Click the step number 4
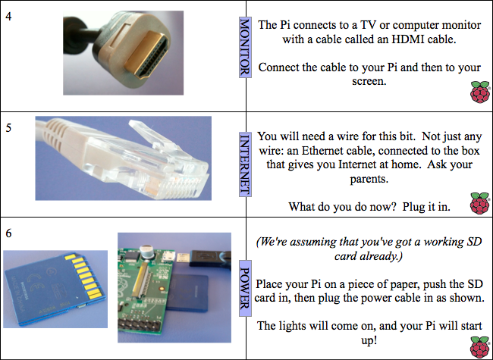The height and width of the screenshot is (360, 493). click(8, 17)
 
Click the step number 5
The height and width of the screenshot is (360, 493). click(8, 128)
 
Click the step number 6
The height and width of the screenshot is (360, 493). click(8, 233)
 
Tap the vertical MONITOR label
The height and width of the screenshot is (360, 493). click(245, 47)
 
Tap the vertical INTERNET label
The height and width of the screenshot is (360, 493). click(245, 164)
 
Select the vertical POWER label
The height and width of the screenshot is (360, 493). click(245, 288)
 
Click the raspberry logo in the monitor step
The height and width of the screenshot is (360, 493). click(480, 92)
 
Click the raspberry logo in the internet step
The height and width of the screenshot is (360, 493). click(480, 203)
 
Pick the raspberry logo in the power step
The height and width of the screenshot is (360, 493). click(480, 347)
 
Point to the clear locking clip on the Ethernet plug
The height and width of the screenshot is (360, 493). click(151, 133)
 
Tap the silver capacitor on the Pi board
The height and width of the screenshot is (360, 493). click(147, 252)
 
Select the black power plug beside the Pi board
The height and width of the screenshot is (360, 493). click(210, 259)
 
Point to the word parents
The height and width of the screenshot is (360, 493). click(369, 179)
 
